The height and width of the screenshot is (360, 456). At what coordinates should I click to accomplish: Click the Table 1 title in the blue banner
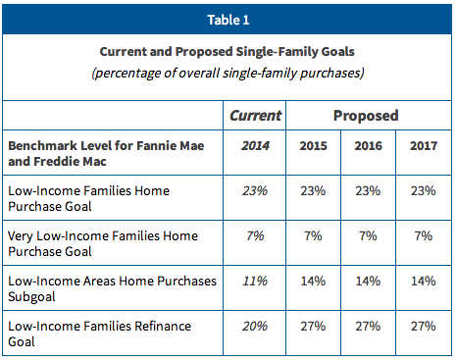pyautogui.click(x=228, y=20)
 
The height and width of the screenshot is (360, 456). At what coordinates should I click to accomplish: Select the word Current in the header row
pyautogui.click(x=255, y=116)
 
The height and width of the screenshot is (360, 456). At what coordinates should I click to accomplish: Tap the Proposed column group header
pyautogui.click(x=366, y=116)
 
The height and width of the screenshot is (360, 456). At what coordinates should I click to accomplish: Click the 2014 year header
pyautogui.click(x=255, y=145)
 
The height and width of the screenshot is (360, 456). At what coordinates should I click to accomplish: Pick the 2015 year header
pyautogui.click(x=313, y=145)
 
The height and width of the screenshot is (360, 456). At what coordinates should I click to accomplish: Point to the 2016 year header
pyautogui.click(x=368, y=145)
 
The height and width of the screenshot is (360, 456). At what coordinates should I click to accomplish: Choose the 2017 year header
pyautogui.click(x=424, y=145)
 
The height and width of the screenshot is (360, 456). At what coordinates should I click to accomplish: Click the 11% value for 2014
pyautogui.click(x=255, y=281)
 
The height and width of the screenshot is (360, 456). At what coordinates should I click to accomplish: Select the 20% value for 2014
pyautogui.click(x=255, y=326)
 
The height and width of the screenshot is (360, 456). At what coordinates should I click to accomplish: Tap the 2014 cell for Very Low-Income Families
pyautogui.click(x=255, y=235)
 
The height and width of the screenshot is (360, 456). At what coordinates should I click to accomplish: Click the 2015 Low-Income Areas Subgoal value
pyautogui.click(x=313, y=281)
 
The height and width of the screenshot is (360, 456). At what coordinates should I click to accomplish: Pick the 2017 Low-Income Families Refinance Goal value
pyautogui.click(x=424, y=326)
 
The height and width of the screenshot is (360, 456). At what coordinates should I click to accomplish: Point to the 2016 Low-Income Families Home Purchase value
pyautogui.click(x=368, y=190)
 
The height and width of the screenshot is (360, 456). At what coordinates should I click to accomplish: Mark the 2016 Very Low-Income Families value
pyautogui.click(x=368, y=235)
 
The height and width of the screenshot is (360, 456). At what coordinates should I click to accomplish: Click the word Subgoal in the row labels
pyautogui.click(x=31, y=297)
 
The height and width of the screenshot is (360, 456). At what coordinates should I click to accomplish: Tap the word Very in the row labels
pyautogui.click(x=21, y=236)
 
